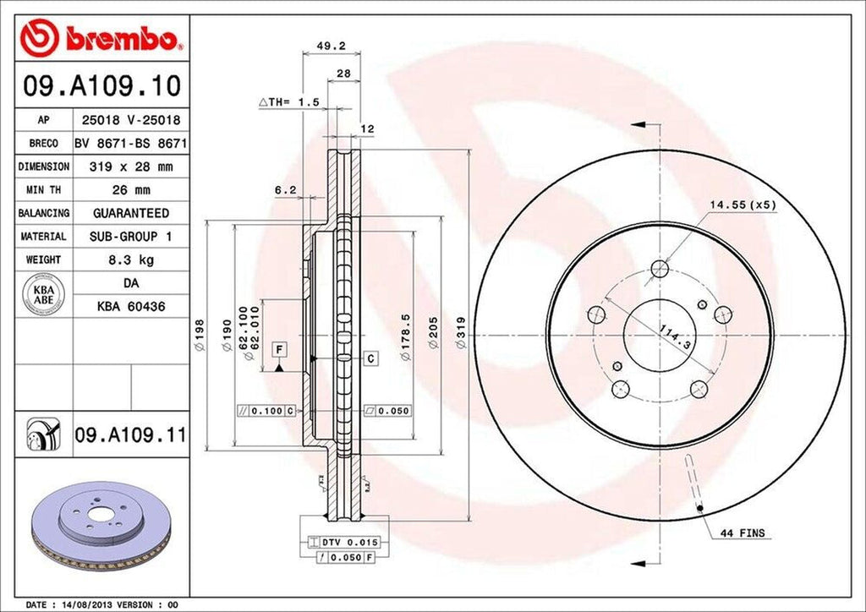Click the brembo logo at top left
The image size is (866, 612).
click(x=102, y=38)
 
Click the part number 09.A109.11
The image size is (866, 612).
click(x=129, y=435)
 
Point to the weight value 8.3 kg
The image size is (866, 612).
click(x=130, y=260)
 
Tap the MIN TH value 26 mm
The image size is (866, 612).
click(x=130, y=190)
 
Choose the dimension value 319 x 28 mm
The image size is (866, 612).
click(x=130, y=167)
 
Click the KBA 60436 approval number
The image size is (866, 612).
click(x=130, y=305)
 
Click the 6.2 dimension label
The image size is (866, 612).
click(x=285, y=190)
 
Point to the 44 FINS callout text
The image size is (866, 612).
click(x=743, y=533)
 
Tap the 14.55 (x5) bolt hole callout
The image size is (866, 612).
click(x=743, y=205)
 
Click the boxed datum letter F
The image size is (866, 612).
click(x=278, y=348)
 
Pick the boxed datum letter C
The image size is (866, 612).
click(x=371, y=358)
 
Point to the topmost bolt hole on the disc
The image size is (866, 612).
click(x=660, y=270)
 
